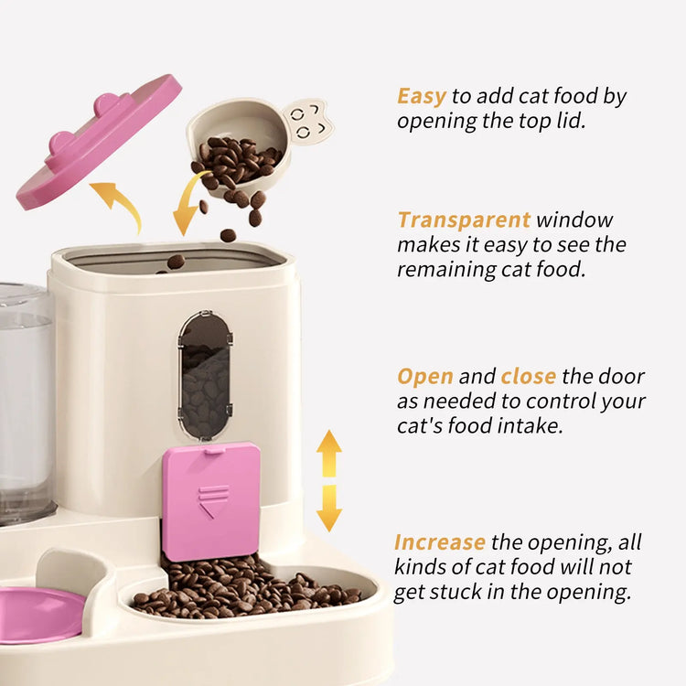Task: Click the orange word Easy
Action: click(421, 96)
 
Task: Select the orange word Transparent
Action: click(464, 220)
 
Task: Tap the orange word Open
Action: click(425, 377)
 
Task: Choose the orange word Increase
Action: click(440, 542)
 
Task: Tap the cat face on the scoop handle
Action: click(307, 120)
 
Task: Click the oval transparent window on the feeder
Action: click(205, 375)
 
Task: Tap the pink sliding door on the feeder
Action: click(210, 500)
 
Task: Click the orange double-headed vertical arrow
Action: click(329, 480)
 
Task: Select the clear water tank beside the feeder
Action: click(26, 402)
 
